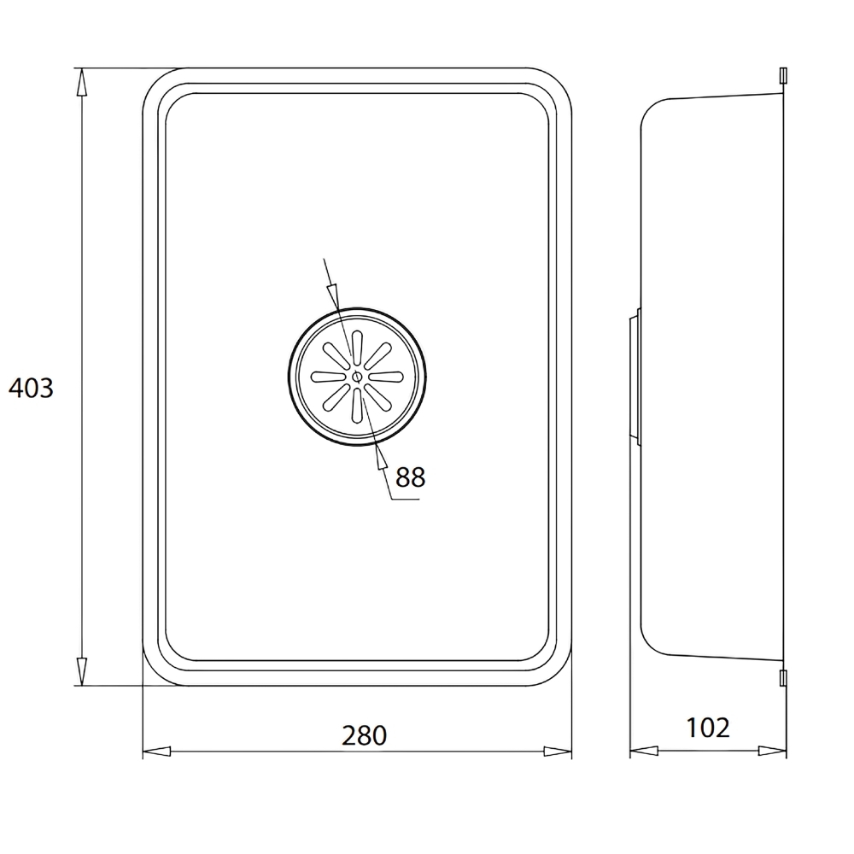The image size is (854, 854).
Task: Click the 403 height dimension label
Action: coord(31,388)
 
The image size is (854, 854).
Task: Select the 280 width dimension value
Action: coord(364,735)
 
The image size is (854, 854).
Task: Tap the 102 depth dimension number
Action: coord(707,728)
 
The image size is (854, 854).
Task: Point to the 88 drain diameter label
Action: coord(410,477)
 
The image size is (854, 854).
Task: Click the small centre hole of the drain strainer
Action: coord(357,377)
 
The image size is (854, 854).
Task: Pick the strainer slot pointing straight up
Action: coord(357,348)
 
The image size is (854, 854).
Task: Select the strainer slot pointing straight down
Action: coord(356,406)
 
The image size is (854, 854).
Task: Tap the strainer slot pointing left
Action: coord(328,377)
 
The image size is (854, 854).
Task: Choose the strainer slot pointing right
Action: coord(386,377)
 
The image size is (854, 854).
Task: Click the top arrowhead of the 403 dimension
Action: coord(81,82)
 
